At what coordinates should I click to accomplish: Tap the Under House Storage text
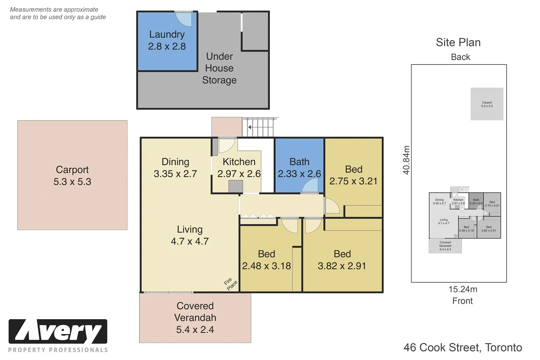pyautogui.click(x=219, y=68)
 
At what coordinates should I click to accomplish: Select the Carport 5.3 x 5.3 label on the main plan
pyautogui.click(x=72, y=176)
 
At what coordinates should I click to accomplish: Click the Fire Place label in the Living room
pyautogui.click(x=231, y=284)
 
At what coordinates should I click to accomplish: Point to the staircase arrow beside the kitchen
pyautogui.click(x=250, y=127)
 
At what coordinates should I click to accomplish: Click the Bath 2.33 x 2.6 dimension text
pyautogui.click(x=299, y=174)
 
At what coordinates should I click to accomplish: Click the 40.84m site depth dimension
pyautogui.click(x=406, y=160)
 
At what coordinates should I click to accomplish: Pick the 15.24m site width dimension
pyautogui.click(x=463, y=289)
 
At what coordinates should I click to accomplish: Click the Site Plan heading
pyautogui.click(x=458, y=43)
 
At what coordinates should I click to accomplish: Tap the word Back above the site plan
pyautogui.click(x=460, y=57)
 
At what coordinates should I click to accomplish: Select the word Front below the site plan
pyautogui.click(x=462, y=301)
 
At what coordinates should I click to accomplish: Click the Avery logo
pyautogui.click(x=58, y=332)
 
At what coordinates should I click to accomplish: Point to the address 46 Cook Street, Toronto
pyautogui.click(x=463, y=348)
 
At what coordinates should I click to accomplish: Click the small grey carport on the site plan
pyautogui.click(x=487, y=104)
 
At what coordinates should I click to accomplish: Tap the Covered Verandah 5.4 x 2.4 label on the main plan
pyautogui.click(x=195, y=317)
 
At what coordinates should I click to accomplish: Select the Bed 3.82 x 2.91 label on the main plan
pyautogui.click(x=342, y=260)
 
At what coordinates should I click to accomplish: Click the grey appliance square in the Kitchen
pyautogui.click(x=236, y=186)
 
